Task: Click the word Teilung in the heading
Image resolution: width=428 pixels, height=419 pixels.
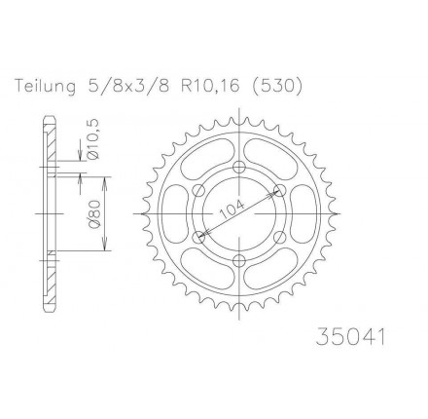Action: click(46, 87)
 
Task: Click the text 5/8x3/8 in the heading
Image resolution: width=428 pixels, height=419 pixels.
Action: click(128, 87)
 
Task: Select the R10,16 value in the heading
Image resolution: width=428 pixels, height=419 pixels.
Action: click(209, 87)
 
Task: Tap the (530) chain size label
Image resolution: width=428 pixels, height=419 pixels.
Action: click(276, 87)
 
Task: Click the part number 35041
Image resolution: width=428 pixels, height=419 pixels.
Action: click(351, 337)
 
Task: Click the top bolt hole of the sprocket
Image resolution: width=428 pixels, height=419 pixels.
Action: click(239, 167)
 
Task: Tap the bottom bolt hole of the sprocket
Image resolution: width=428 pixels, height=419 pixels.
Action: click(239, 260)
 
